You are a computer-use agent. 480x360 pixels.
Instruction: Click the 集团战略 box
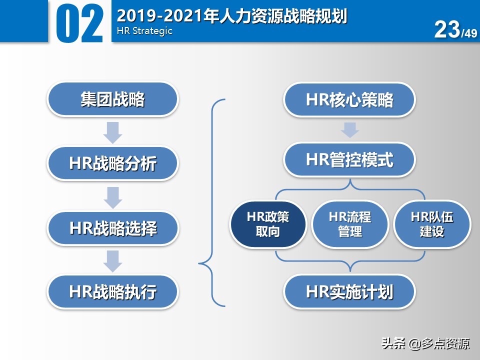tap(112, 99)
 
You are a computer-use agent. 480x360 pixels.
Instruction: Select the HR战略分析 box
tap(112, 163)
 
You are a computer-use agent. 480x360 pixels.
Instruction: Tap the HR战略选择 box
tap(112, 228)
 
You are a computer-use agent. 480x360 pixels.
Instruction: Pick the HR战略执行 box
tap(112, 291)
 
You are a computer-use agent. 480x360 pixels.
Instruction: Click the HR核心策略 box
tap(349, 99)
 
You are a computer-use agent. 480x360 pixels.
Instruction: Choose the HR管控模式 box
tap(349, 160)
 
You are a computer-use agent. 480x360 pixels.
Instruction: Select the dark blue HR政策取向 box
tap(268, 224)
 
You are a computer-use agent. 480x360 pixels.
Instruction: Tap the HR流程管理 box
tap(350, 224)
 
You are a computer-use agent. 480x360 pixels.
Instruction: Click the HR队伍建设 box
tap(432, 224)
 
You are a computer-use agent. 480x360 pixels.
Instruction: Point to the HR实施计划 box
tap(349, 291)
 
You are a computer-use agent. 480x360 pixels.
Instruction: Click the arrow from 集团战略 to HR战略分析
tap(113, 131)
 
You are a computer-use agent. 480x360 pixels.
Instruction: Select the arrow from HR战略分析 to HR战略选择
tap(113, 196)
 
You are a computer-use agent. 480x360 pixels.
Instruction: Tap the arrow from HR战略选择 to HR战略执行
tap(113, 260)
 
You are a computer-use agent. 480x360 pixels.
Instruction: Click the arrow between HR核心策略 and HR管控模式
tap(350, 129)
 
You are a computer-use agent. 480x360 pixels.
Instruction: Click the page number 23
tap(447, 29)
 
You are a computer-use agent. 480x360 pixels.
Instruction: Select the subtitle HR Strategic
tap(144, 31)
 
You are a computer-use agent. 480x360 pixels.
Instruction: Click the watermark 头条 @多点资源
tap(425, 344)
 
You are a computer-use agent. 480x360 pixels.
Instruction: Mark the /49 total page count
tap(469, 33)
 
